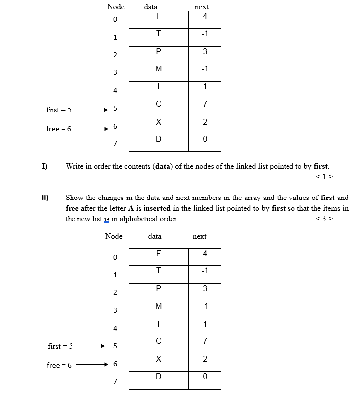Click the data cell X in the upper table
[158, 122]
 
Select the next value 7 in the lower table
[205, 341]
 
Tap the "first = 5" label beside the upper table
[59, 109]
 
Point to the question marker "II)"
[44, 197]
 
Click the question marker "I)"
[44, 166]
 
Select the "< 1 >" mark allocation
[324, 176]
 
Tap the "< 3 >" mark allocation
[324, 219]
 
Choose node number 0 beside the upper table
[115, 20]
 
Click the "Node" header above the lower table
[114, 236]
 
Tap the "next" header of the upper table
[201, 7]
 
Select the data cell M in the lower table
[158, 307]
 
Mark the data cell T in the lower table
[158, 271]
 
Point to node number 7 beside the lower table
[115, 382]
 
